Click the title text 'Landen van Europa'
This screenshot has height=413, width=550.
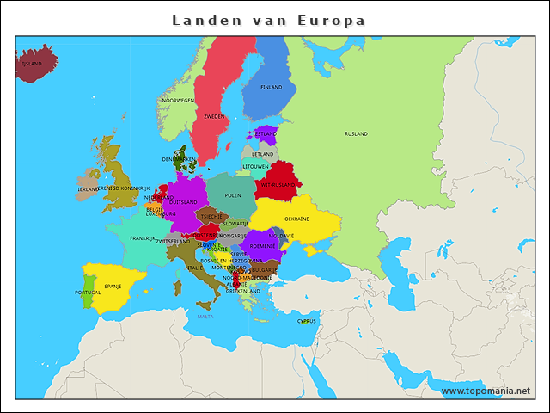pos(268,20)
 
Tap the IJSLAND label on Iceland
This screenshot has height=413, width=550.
pos(33,64)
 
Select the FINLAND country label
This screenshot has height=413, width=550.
pos(271,87)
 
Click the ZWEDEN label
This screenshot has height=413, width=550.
pos(214,116)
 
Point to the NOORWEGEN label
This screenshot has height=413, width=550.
pos(178,101)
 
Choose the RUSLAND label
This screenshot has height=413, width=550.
pos(356,134)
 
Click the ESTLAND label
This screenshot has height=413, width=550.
pos(266,134)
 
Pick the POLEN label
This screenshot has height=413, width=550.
pos(233,195)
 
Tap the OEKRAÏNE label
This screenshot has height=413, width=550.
pos(296,219)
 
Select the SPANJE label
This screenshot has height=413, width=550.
pos(113,286)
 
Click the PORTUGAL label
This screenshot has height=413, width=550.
pos(88,293)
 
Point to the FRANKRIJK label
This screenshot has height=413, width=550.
pos(143,238)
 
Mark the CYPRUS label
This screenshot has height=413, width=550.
pos(307,321)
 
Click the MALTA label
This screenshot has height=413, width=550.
pos(205,317)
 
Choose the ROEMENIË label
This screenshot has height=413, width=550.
pos(263,246)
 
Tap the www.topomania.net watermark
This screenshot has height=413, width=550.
pos(486,391)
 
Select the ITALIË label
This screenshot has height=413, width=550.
pos(195,268)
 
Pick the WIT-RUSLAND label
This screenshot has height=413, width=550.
pos(278,184)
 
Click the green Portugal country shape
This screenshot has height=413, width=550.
pos(88,284)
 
